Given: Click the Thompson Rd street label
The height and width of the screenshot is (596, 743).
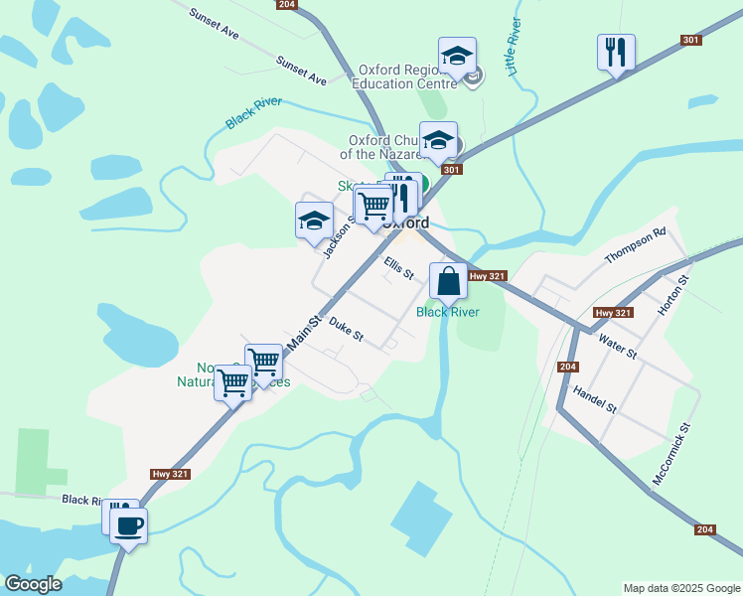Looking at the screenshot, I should click(x=635, y=248).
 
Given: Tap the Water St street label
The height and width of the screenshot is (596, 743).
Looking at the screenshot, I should click(x=618, y=347).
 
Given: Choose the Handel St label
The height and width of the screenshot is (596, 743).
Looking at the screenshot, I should click(x=595, y=401).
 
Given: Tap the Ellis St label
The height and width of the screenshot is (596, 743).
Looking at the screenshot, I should click(x=398, y=268).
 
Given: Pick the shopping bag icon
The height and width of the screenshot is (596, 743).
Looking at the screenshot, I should click(x=449, y=281).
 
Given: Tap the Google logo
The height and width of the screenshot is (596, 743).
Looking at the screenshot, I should click(x=33, y=584).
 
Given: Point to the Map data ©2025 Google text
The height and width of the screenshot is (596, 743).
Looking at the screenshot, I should click(x=680, y=588).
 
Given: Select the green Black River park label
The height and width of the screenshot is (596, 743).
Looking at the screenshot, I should click(x=448, y=312).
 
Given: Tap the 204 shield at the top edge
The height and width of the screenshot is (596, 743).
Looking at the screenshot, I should click(x=287, y=5).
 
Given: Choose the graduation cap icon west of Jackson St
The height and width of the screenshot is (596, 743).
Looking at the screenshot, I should click(x=314, y=221).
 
